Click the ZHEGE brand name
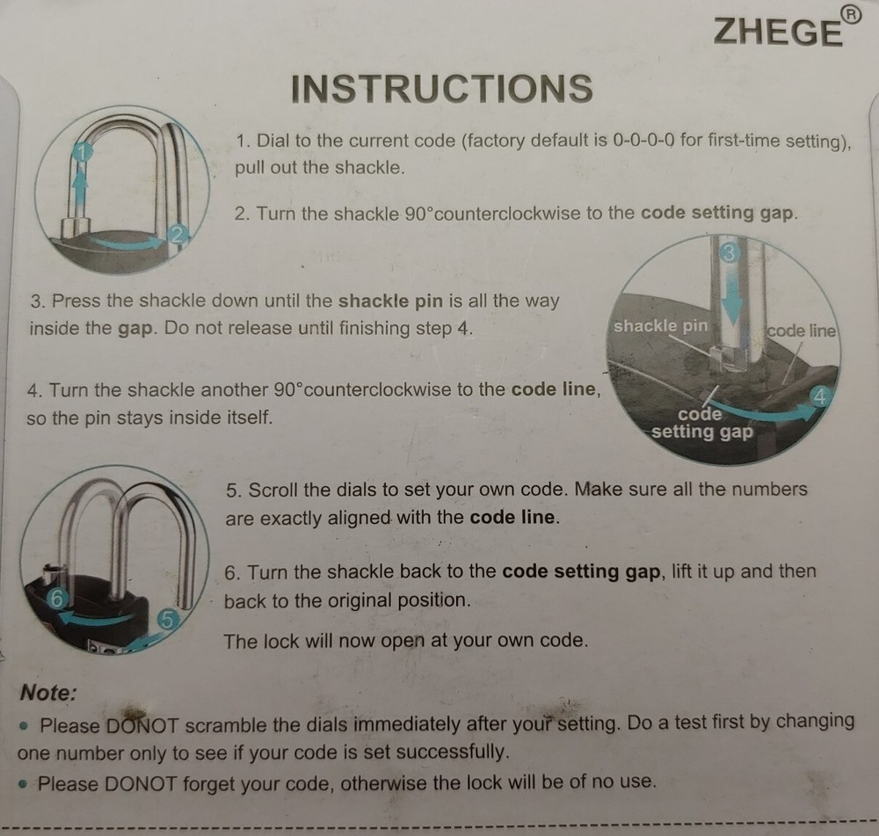(x=778, y=32)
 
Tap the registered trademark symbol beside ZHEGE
(x=851, y=16)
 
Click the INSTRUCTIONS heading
(x=442, y=89)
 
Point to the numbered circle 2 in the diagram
(x=178, y=235)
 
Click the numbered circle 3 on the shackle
(x=729, y=253)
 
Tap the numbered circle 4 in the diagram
(x=819, y=396)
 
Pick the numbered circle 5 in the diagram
(x=167, y=620)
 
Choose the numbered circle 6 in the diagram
(x=56, y=599)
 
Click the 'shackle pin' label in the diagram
(x=660, y=326)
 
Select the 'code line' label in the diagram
(x=801, y=331)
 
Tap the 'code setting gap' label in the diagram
(x=701, y=424)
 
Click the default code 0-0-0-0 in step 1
(x=643, y=140)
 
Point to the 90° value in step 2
(x=418, y=214)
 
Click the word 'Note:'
(x=48, y=693)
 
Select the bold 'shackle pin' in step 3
(x=391, y=301)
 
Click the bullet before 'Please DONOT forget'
(x=23, y=784)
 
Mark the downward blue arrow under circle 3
(x=730, y=294)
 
